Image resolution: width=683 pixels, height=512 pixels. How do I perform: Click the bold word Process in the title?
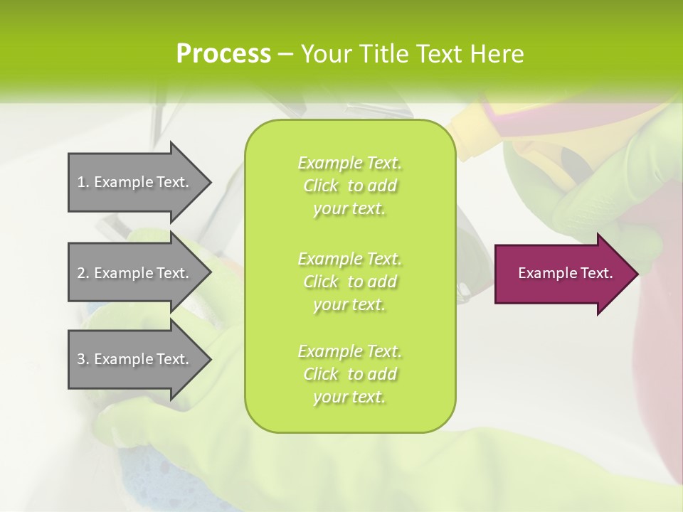(223, 54)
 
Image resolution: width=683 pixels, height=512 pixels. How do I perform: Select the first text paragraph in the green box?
(349, 186)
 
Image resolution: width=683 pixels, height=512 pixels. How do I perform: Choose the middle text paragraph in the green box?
(349, 282)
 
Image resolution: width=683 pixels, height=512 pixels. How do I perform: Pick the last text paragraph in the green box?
(349, 374)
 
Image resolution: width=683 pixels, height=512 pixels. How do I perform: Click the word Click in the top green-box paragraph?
(321, 186)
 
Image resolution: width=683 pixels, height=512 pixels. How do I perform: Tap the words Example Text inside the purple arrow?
(566, 273)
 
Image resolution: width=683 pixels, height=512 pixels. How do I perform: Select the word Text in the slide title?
(440, 54)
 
